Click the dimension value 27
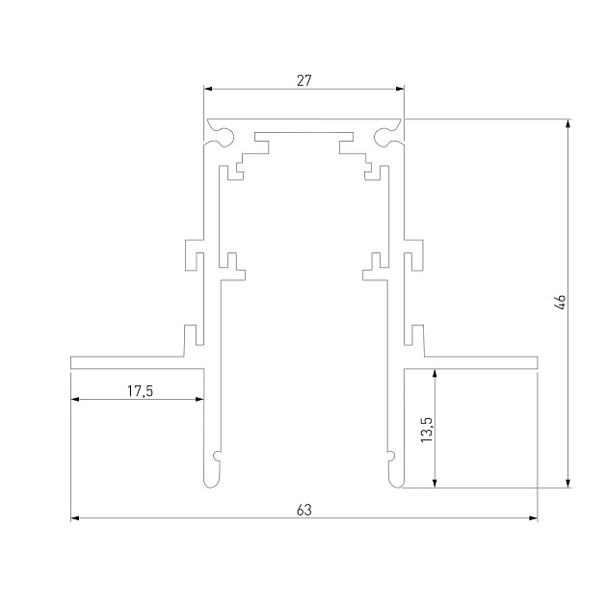303,81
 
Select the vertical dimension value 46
560,302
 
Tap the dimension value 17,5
140,390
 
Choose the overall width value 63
303,510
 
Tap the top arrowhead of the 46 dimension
568,124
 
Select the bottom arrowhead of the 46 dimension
568,483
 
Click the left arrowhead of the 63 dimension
76,519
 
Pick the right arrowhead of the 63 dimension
532,519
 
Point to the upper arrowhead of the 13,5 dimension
436,372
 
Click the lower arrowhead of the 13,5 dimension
436,483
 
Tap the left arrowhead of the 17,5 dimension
76,400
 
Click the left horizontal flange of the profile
135,362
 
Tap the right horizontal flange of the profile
472,362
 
